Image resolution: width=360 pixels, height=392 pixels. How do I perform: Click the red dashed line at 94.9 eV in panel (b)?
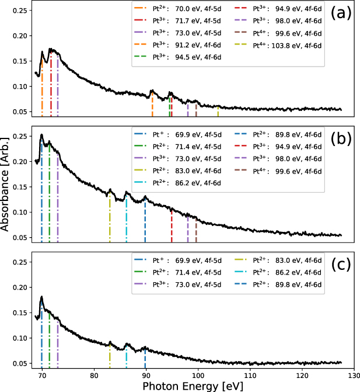[x=172, y=226]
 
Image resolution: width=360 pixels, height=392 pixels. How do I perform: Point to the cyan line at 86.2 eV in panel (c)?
[x=126, y=356]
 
